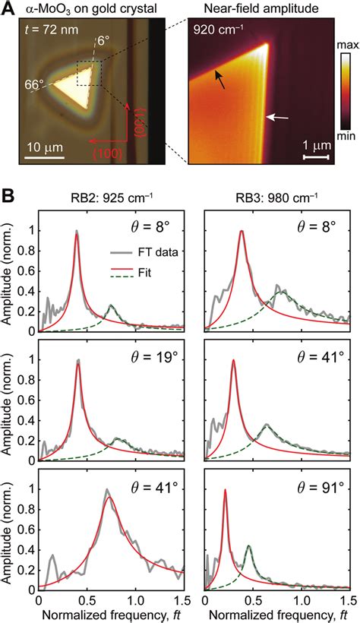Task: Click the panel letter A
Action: [x=7, y=9]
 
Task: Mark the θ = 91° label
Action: [x=312, y=483]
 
